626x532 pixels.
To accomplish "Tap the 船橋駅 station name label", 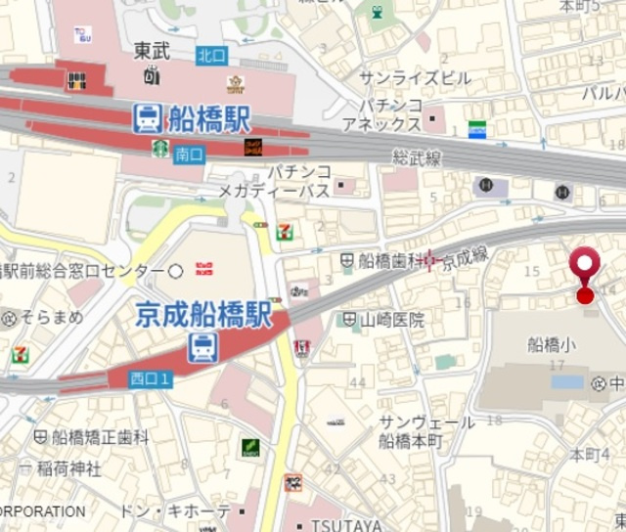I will click(x=209, y=119).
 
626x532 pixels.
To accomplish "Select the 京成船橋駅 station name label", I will click(x=201, y=316).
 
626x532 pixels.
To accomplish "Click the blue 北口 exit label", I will click(x=210, y=56).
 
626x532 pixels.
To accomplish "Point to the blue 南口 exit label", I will click(x=189, y=154).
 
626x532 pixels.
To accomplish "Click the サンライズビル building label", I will click(x=414, y=77).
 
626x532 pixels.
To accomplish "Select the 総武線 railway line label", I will click(x=418, y=156).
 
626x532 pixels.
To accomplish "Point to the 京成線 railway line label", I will click(x=464, y=259).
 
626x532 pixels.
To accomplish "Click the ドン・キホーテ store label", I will click(x=175, y=511).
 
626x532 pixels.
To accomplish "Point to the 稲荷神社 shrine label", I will click(x=68, y=468).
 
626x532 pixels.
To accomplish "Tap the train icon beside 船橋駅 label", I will click(x=148, y=119).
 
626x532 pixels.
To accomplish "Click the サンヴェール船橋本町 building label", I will click(x=425, y=431).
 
